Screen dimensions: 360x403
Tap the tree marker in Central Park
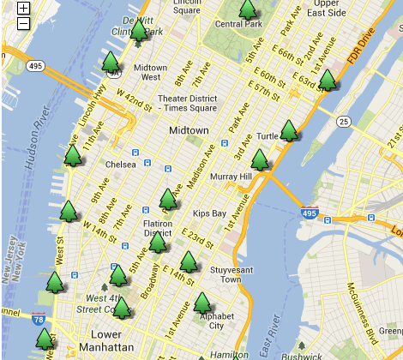(x=248, y=10)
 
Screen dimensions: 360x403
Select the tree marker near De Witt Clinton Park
(x=139, y=31)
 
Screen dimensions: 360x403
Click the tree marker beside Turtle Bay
(x=289, y=130)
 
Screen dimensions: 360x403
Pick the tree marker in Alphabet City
(x=202, y=303)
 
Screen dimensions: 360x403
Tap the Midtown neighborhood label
(x=188, y=130)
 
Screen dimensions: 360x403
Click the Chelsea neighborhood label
(x=120, y=164)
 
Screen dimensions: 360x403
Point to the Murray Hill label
(x=229, y=177)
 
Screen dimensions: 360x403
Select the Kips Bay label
(x=209, y=213)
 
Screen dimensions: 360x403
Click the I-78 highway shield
(x=39, y=320)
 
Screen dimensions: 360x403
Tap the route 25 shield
(x=344, y=122)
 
